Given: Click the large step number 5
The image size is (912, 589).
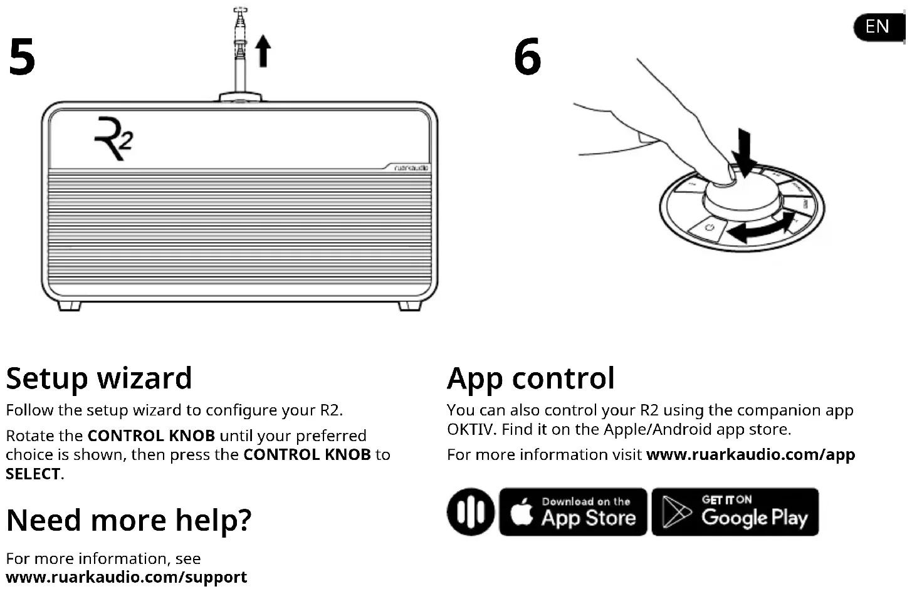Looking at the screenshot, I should (22, 57).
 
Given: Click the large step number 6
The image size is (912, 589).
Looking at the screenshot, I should (527, 57).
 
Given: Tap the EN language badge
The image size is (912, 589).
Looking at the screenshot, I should (878, 26).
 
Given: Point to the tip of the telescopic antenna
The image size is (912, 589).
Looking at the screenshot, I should (240, 11).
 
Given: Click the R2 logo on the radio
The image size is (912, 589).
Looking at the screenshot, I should (113, 138).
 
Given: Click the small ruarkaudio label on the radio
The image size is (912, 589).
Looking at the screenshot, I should (411, 168).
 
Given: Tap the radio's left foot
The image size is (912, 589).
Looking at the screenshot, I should (69, 306).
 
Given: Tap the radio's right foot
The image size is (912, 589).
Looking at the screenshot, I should (409, 306).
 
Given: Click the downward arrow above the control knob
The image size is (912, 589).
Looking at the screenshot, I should (744, 152).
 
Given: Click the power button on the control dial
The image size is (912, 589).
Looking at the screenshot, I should (710, 227).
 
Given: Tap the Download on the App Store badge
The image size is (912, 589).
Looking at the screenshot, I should (573, 512).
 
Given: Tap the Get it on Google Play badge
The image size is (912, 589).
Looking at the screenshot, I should (735, 512).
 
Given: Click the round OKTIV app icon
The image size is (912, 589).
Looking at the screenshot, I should (471, 512).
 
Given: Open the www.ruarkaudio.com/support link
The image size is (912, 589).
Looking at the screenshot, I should (126, 577).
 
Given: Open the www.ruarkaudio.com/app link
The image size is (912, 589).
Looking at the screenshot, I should (750, 455).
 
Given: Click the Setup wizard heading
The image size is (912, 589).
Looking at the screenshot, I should (99, 378).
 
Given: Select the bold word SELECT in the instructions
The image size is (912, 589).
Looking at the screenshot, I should (33, 474).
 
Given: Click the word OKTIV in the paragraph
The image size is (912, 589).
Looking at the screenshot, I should (471, 430).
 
